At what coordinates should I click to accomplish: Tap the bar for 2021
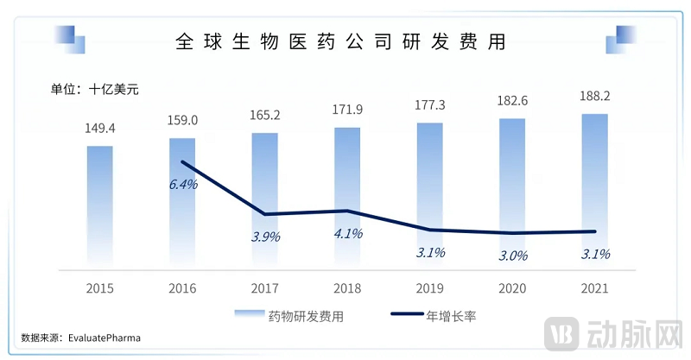595,190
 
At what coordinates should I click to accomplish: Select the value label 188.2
595,96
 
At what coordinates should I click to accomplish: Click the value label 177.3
430,105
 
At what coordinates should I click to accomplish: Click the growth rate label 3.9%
264,237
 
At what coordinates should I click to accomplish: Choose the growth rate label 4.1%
347,233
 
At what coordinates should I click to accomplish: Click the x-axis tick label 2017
264,288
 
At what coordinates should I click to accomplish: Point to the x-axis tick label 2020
512,288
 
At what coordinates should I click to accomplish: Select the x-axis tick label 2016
182,288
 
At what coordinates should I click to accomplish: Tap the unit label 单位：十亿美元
93,88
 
